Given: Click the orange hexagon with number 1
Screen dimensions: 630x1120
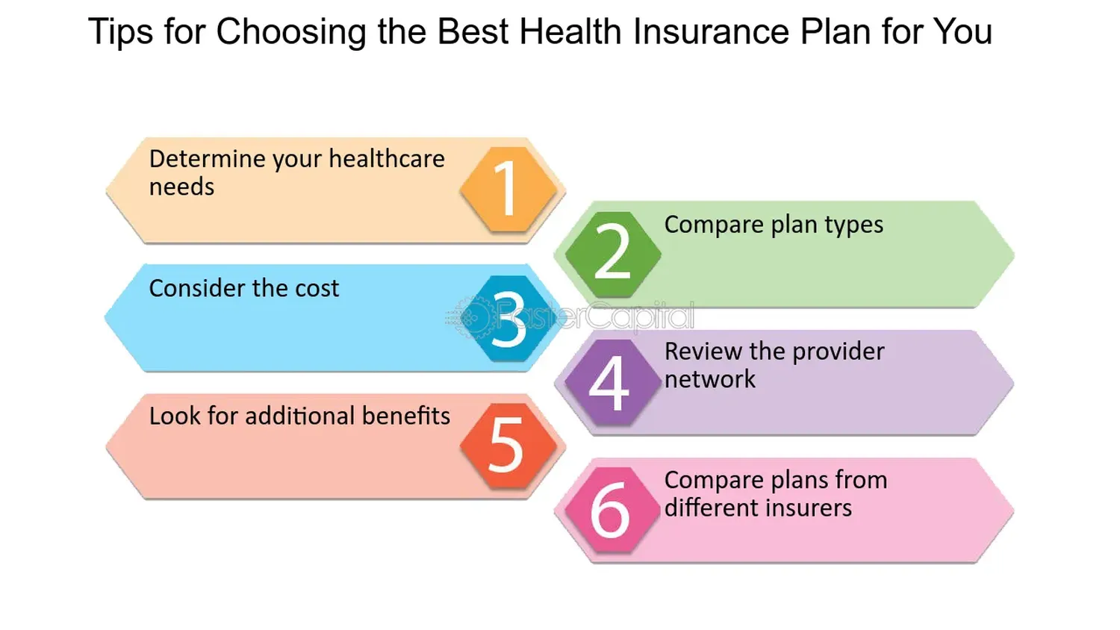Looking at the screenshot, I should pyautogui.click(x=508, y=189).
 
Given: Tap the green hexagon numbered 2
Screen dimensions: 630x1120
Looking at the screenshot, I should pyautogui.click(x=612, y=253).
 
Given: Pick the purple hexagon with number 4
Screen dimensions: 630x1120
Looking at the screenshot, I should pyautogui.click(x=610, y=383).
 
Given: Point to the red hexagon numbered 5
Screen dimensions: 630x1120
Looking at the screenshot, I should pyautogui.click(x=508, y=446).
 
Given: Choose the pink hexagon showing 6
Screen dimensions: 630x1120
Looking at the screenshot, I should pyautogui.click(x=611, y=511).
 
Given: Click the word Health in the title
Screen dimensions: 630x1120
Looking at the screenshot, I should pyautogui.click(x=570, y=32).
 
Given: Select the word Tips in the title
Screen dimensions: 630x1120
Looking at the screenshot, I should pyautogui.click(x=119, y=32).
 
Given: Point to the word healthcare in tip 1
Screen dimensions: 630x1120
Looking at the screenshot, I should pyautogui.click(x=386, y=159).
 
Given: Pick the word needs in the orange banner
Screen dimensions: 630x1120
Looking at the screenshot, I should pyautogui.click(x=181, y=187).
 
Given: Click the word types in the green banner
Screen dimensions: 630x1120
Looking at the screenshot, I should pyautogui.click(x=853, y=225).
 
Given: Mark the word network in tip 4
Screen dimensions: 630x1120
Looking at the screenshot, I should pyautogui.click(x=709, y=379).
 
